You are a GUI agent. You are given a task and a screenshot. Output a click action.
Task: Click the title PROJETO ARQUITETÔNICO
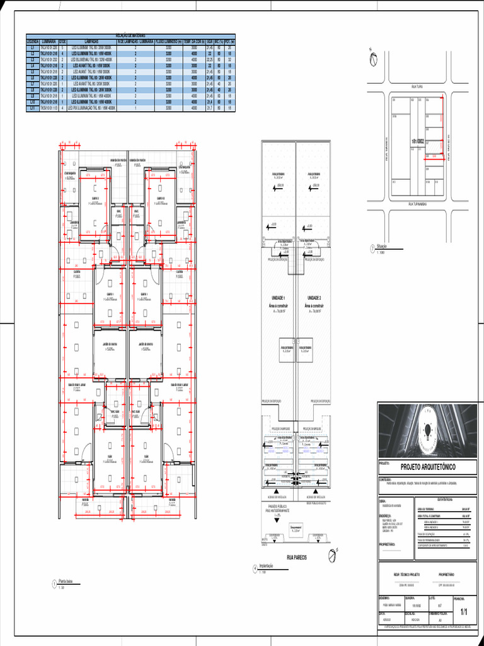tap(428, 467)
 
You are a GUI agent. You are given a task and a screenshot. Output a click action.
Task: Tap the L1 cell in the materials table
tap(32, 47)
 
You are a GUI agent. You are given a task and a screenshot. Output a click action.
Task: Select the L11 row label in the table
tap(32, 108)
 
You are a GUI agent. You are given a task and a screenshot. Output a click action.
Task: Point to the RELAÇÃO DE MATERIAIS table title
tap(130, 36)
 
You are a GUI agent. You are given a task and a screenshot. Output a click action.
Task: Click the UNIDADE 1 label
tap(279, 297)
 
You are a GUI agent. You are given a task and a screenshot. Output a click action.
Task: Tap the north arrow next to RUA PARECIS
tap(332, 555)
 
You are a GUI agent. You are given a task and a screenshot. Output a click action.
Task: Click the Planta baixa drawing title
tap(66, 581)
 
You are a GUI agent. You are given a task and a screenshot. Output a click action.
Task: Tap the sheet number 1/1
tap(464, 611)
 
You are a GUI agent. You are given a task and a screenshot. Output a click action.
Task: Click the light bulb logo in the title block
tap(428, 430)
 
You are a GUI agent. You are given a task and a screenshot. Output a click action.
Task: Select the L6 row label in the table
tap(32, 78)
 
